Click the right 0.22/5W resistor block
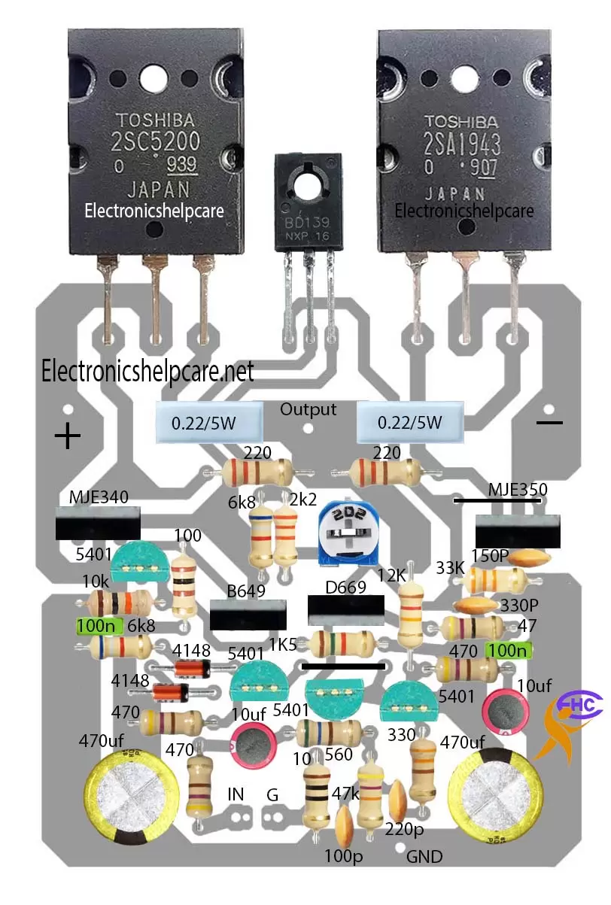tap(410, 423)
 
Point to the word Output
tap(308, 410)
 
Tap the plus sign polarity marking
tap(68, 436)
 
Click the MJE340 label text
tap(99, 497)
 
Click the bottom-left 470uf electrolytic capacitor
tap(132, 797)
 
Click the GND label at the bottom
tap(424, 856)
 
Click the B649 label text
tap(247, 591)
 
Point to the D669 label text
tap(345, 586)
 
